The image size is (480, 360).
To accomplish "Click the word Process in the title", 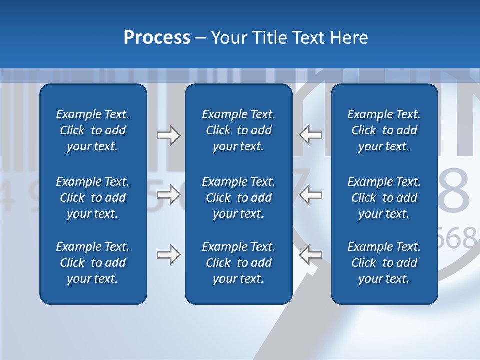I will [x=157, y=38].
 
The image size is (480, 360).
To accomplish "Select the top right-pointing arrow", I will [x=168, y=135].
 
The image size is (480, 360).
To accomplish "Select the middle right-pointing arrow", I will [x=168, y=195].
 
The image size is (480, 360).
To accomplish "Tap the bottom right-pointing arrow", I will [x=168, y=255].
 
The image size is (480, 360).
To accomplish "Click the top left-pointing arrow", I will [x=311, y=135].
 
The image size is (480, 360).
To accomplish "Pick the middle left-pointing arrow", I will [x=311, y=195].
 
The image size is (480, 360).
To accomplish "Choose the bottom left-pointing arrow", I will [x=311, y=255].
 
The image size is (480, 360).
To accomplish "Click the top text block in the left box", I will [x=93, y=130].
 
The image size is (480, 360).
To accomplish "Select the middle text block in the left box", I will [x=93, y=198].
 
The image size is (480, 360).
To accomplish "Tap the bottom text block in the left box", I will [x=93, y=263].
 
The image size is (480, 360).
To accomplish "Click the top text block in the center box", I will [x=238, y=130].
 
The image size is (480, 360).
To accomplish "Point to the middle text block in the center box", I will [x=238, y=198].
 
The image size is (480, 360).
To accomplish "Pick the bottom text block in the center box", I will [x=238, y=263].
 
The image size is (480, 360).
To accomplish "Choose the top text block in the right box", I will [x=384, y=130].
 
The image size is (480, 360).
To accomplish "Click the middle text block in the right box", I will [x=384, y=198].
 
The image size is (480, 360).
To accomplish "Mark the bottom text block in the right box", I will [x=384, y=263].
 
